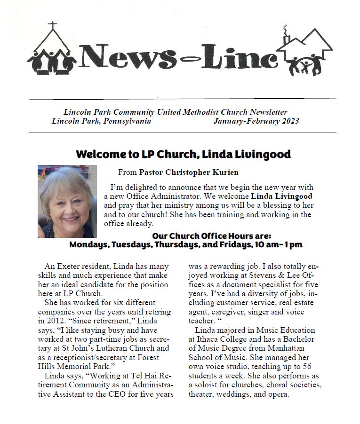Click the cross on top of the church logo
(x=53, y=25)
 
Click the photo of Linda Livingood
(x=67, y=201)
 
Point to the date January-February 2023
(x=256, y=121)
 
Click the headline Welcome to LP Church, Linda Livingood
(x=183, y=154)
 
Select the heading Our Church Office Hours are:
(x=211, y=236)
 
